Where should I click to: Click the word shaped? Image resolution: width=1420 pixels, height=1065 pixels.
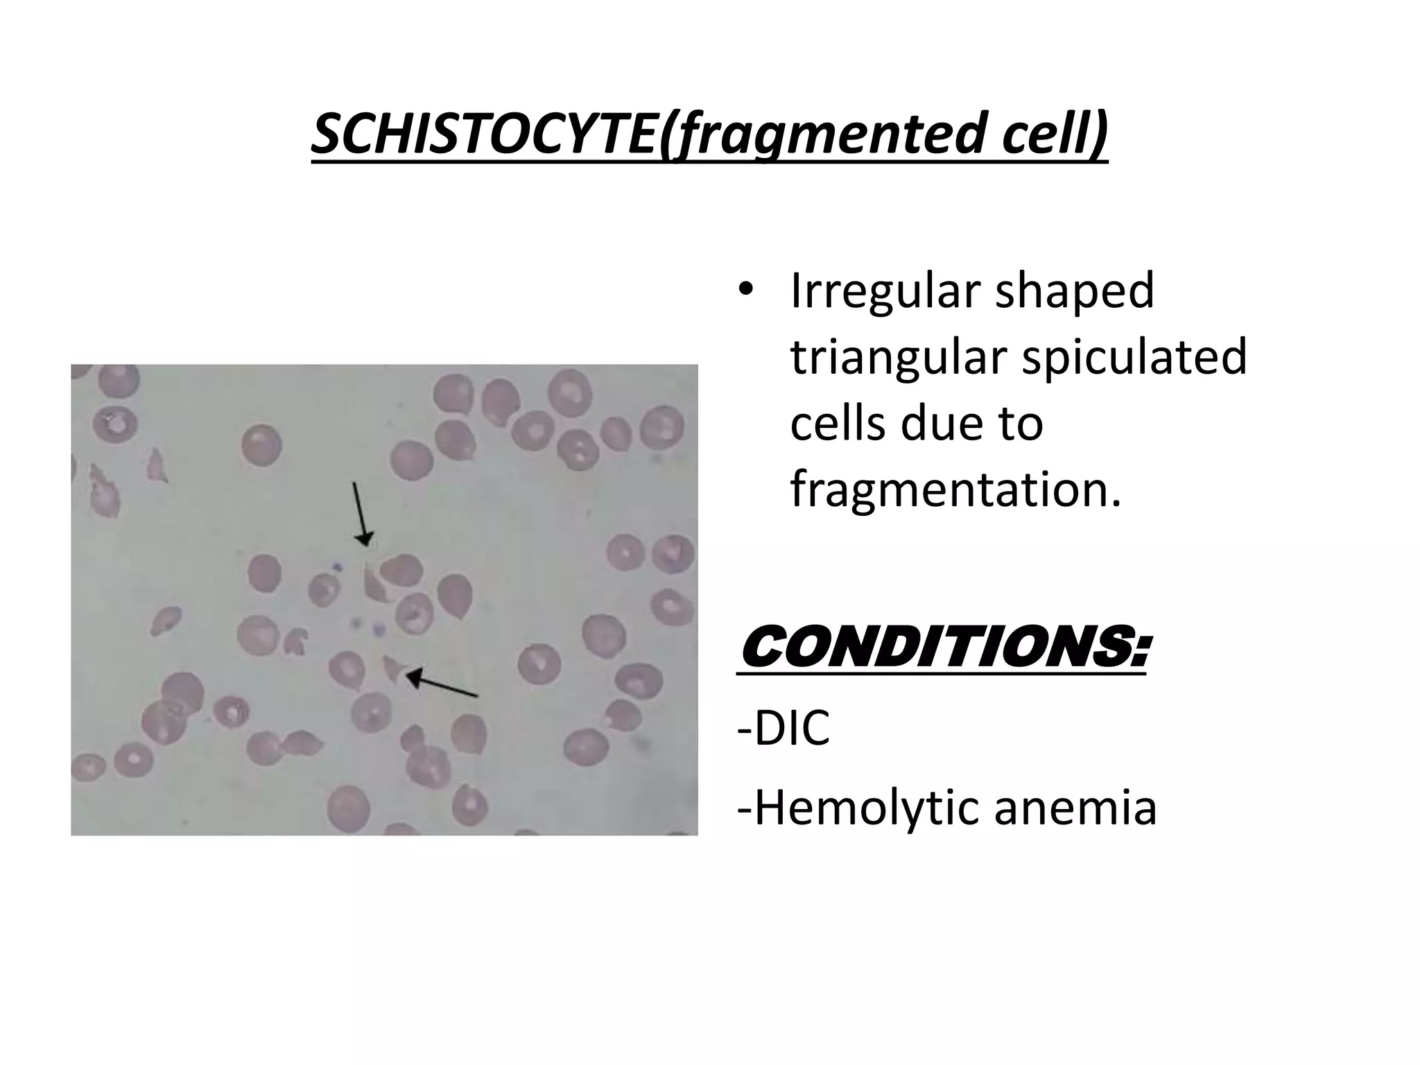point(1075,293)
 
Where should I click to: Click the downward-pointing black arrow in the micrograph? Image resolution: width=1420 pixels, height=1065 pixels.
point(361,513)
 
